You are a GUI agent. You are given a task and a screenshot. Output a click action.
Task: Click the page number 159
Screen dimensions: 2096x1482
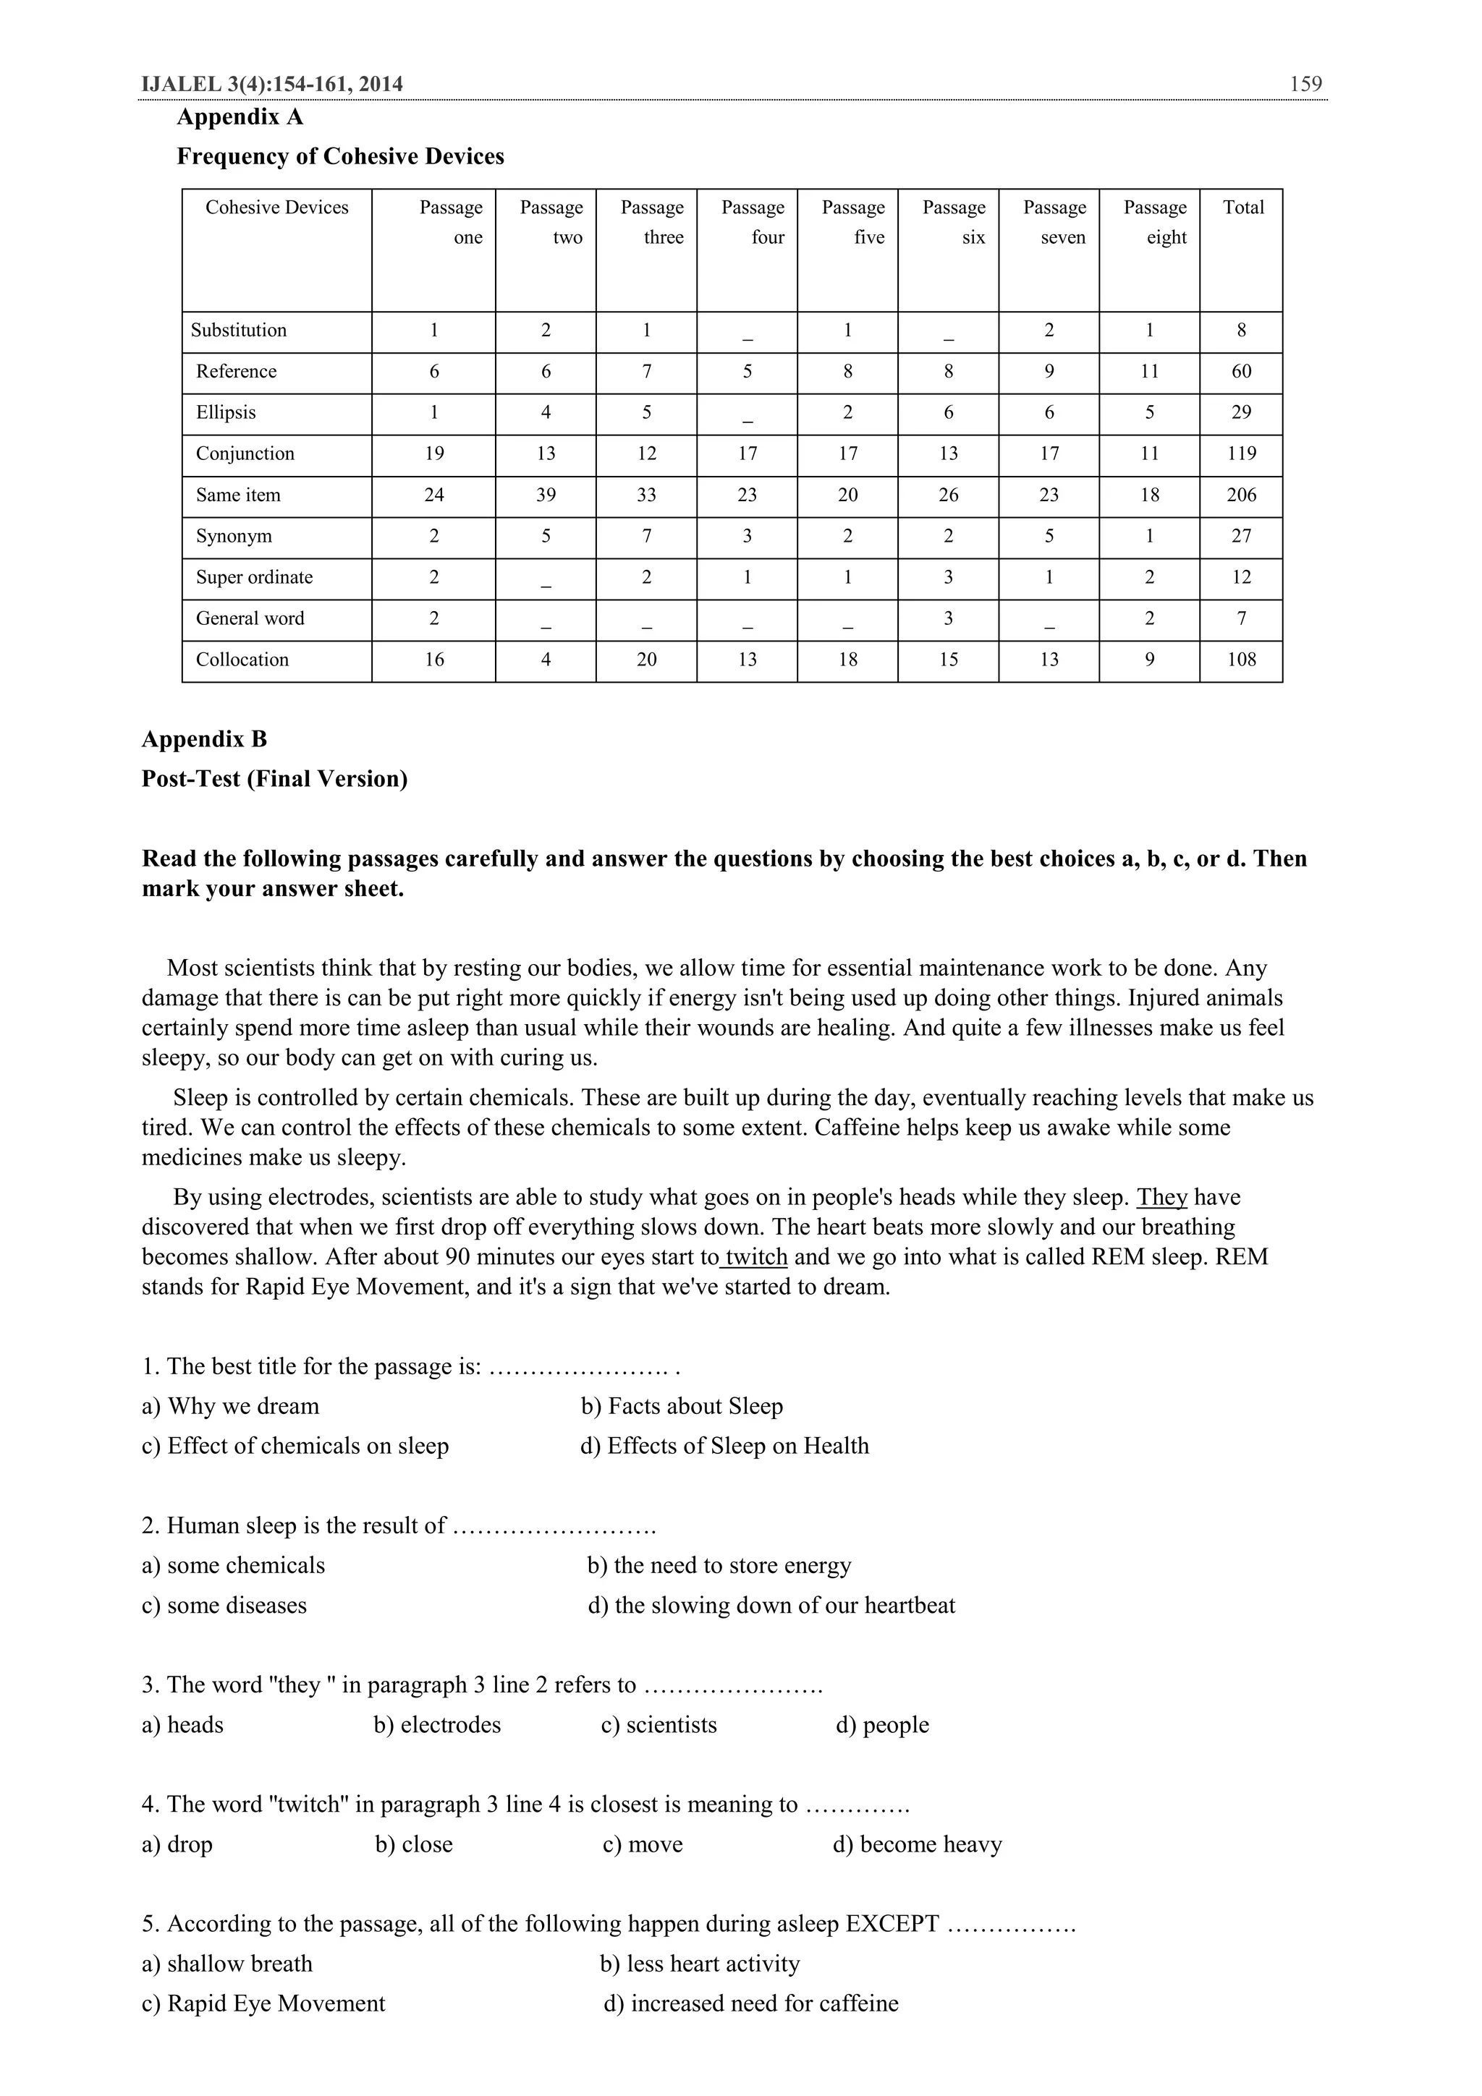tap(1305, 84)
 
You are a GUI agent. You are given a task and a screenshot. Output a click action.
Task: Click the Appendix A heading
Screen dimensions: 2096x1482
tap(240, 117)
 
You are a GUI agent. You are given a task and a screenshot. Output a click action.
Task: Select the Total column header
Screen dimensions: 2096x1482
tap(1242, 208)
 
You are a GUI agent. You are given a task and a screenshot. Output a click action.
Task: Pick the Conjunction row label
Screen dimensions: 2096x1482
tap(245, 453)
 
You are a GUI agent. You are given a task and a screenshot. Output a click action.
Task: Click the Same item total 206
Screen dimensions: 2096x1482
tap(1241, 495)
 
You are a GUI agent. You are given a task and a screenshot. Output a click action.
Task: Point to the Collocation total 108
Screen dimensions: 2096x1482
tap(1241, 659)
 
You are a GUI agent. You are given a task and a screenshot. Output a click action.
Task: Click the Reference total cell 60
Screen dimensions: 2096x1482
tap(1241, 372)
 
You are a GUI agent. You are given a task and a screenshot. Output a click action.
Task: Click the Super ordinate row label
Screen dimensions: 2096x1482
tap(254, 577)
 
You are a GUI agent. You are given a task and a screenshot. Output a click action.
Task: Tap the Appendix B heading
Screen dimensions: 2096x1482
tap(205, 738)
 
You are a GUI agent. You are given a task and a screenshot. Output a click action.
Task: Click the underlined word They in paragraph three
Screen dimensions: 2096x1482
tap(1161, 1197)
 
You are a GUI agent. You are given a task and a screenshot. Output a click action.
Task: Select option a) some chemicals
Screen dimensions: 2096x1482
tap(233, 1564)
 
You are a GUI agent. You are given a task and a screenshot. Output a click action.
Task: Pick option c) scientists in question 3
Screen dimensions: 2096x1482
tap(659, 1724)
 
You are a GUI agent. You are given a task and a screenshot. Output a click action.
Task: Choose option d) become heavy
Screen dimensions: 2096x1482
tap(917, 1844)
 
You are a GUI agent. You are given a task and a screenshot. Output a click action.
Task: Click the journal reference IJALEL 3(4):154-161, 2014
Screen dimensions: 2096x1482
tap(272, 84)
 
